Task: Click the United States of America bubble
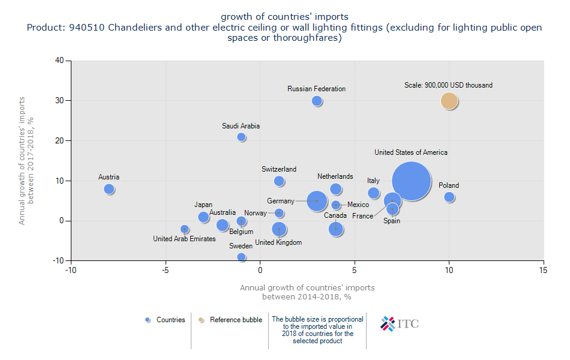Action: [412, 181]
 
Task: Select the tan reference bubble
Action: [449, 101]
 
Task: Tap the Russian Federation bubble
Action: [317, 101]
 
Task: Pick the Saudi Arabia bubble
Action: [241, 137]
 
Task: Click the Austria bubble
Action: [109, 189]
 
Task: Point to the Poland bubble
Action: [449, 197]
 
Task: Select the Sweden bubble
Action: [241, 257]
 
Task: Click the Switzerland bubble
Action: [279, 181]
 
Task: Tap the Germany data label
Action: [281, 201]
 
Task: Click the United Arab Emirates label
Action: [184, 239]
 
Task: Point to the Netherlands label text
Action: [335, 176]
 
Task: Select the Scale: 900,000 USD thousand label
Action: [448, 85]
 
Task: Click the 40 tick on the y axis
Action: [59, 61]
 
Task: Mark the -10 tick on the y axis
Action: [58, 261]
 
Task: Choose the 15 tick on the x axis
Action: [544, 271]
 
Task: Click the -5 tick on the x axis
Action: [166, 271]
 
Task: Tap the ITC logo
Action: [400, 323]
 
